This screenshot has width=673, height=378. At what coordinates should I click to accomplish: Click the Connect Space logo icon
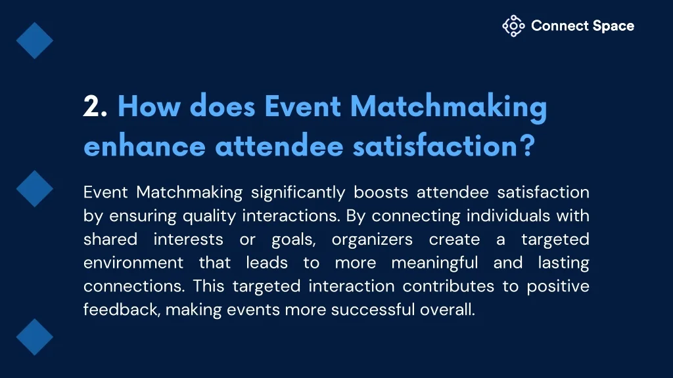(513, 26)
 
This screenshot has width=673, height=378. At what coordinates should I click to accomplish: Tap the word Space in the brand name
(613, 26)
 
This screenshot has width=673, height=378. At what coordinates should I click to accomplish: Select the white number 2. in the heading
(95, 106)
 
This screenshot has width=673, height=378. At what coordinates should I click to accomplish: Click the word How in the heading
(149, 106)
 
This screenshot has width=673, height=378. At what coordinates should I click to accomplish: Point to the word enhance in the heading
(145, 146)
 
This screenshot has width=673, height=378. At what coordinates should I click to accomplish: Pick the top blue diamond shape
(35, 41)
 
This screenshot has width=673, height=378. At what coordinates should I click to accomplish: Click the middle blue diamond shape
(35, 188)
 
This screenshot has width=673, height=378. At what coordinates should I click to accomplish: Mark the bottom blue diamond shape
(35, 337)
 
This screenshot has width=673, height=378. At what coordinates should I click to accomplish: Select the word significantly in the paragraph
(298, 193)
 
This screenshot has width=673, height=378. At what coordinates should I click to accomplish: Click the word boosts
(381, 192)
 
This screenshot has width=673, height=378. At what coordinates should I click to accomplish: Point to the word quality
(209, 217)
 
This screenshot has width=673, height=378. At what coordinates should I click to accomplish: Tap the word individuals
(508, 215)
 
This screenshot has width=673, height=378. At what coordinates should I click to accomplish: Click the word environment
(133, 262)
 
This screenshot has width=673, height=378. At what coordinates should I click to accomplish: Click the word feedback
(121, 310)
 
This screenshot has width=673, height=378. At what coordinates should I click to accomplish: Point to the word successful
(373, 310)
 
